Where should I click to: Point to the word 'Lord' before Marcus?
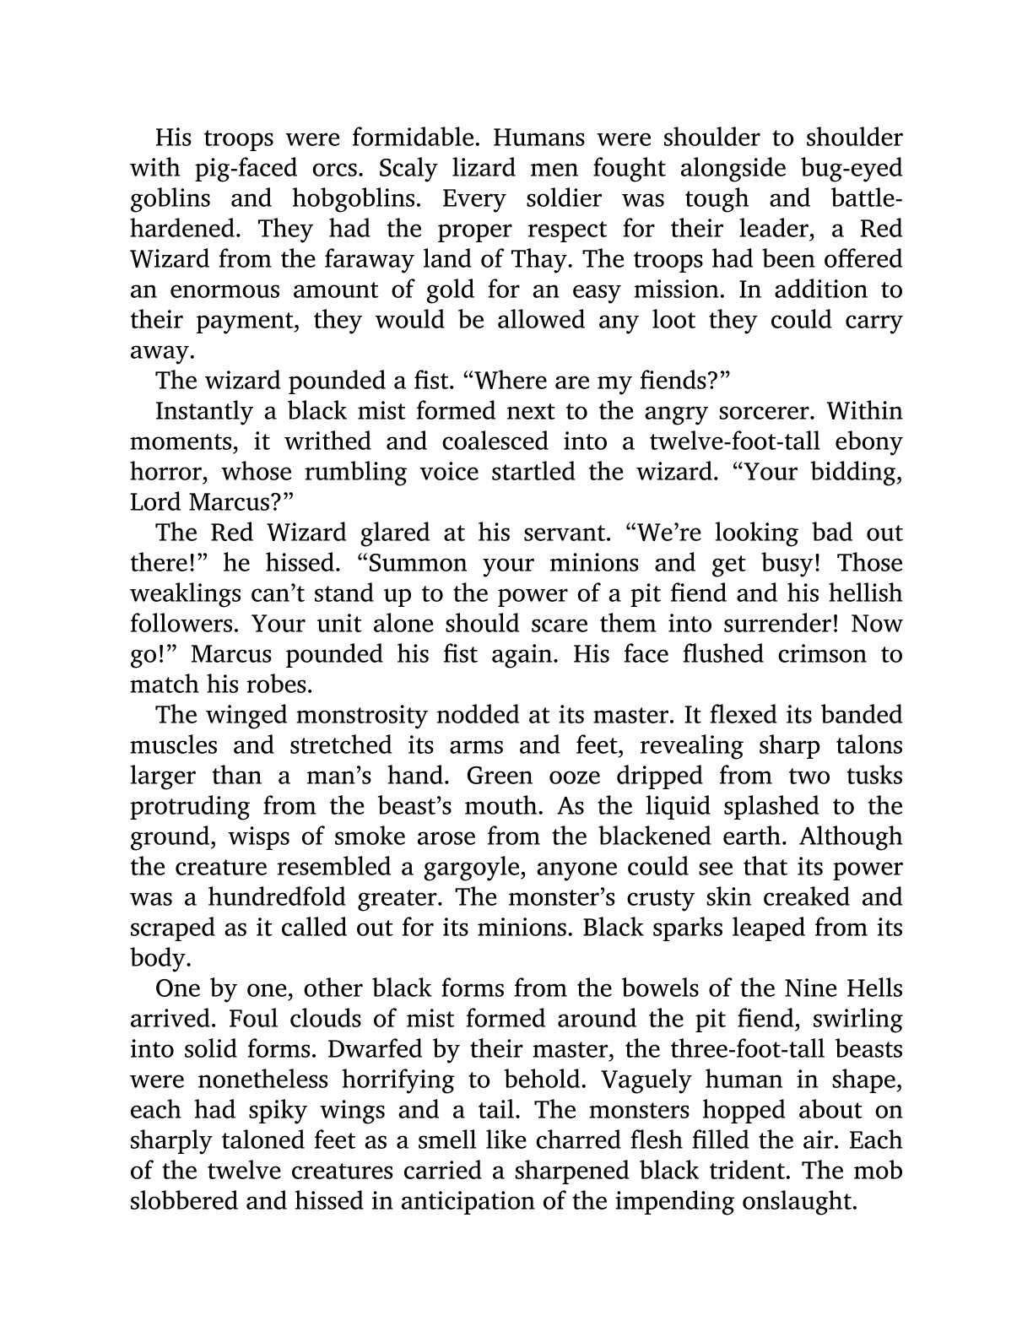(x=153, y=502)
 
